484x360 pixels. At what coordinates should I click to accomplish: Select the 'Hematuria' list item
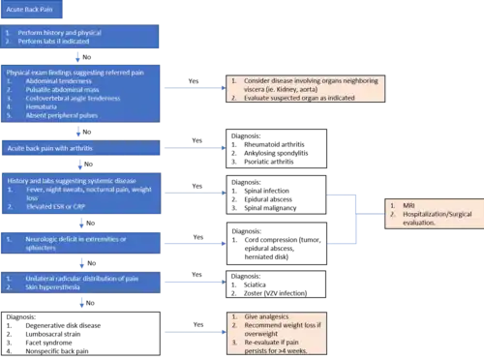(x=39, y=107)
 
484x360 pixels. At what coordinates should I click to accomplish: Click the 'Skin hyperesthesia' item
(x=48, y=287)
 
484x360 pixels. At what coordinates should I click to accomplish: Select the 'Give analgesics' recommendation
(x=266, y=317)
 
